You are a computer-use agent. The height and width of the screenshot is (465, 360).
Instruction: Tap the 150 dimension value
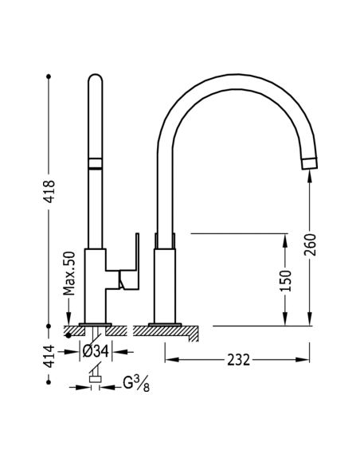(x=286, y=279)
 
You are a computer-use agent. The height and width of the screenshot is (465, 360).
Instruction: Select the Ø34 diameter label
(x=96, y=349)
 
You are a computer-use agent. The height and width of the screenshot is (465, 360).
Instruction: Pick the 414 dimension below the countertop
(x=49, y=355)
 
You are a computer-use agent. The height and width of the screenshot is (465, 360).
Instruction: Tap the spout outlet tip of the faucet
(x=308, y=164)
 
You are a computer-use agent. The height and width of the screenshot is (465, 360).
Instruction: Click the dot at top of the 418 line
(x=49, y=76)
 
